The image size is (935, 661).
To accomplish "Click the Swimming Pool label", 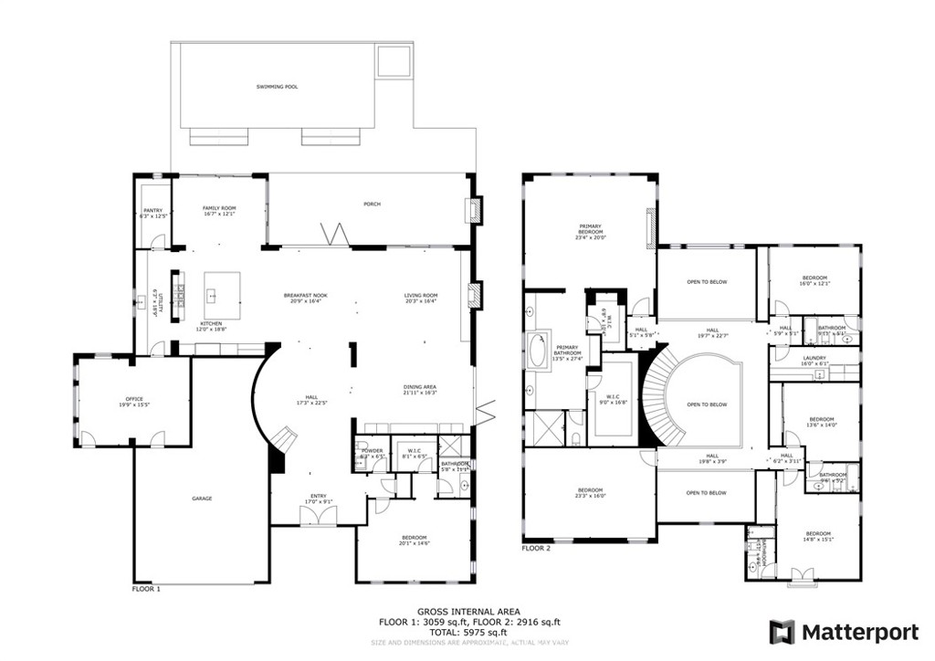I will click(x=277, y=87).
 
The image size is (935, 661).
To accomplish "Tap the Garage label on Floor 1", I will click(x=202, y=498).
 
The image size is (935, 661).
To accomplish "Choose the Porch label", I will click(x=371, y=204).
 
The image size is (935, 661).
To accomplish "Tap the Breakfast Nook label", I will click(x=305, y=297).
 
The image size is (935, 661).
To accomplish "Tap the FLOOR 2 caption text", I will click(x=536, y=549).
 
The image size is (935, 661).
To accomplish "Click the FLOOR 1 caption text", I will click(x=146, y=589).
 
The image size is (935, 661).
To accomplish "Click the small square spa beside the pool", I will click(x=393, y=61).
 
